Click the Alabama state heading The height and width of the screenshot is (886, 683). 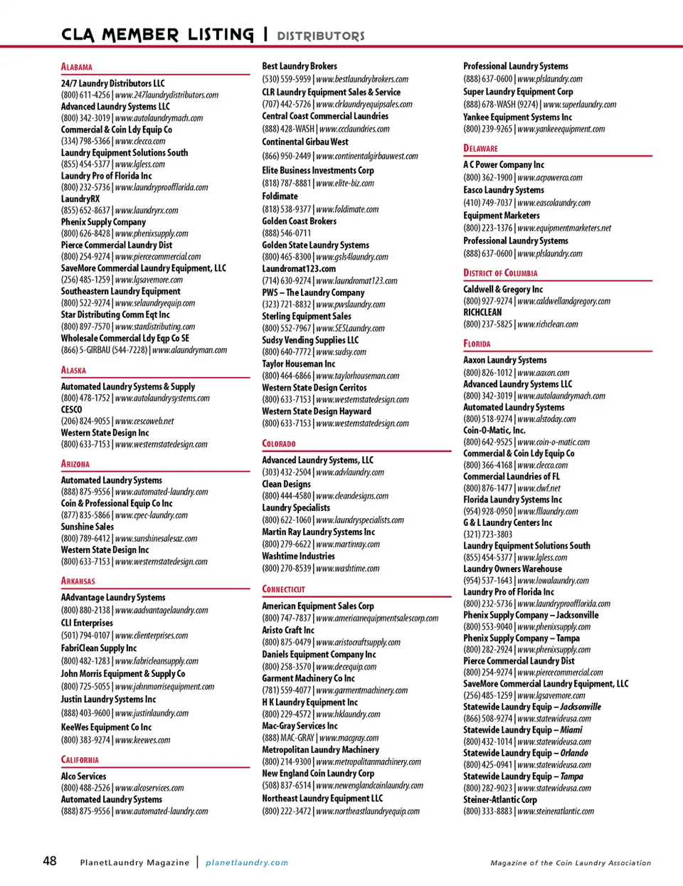pyautogui.click(x=77, y=67)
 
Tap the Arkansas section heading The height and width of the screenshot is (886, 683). pyautogui.click(x=78, y=581)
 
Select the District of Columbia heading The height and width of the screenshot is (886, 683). pyautogui.click(x=500, y=273)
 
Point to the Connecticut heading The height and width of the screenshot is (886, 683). pyautogui.click(x=283, y=589)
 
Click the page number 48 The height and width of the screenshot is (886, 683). pyautogui.click(x=50, y=861)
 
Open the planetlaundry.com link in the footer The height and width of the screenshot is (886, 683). pyautogui.click(x=247, y=863)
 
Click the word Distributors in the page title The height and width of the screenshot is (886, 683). pyautogui.click(x=321, y=36)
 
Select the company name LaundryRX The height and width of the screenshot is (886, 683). pyautogui.click(x=80, y=199)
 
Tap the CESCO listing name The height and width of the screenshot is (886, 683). pyautogui.click(x=71, y=410)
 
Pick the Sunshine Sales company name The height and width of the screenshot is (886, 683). pyautogui.click(x=88, y=527)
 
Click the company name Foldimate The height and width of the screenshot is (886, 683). pyautogui.click(x=280, y=196)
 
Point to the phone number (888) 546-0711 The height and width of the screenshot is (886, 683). pyautogui.click(x=287, y=233)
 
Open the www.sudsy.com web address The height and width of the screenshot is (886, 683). pyautogui.click(x=341, y=352)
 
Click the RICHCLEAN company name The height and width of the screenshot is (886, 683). pyautogui.click(x=482, y=312)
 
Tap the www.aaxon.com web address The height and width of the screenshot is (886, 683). pyautogui.click(x=544, y=373)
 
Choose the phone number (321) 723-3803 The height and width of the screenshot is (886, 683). pyautogui.click(x=488, y=534)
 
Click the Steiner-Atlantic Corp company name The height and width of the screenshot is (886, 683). pyautogui.click(x=500, y=800)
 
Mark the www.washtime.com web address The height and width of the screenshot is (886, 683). pyautogui.click(x=348, y=569)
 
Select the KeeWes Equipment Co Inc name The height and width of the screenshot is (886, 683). pyautogui.click(x=106, y=727)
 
